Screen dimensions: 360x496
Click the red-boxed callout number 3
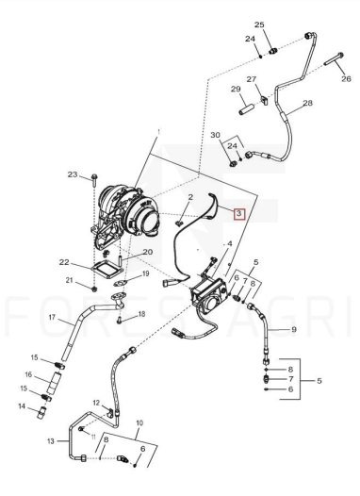238,213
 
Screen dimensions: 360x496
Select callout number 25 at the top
259,25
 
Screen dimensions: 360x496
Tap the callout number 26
346,78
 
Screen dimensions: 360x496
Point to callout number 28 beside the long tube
307,103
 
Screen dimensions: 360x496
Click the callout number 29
236,89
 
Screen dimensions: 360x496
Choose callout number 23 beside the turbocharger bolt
73,174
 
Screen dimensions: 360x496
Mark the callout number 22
64,262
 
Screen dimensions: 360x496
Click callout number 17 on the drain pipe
52,317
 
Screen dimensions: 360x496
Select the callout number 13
51,441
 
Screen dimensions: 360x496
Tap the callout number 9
294,329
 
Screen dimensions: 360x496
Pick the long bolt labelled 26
334,59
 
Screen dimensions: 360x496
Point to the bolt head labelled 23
94,177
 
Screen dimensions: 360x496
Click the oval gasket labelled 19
121,283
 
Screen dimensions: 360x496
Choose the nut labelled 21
94,289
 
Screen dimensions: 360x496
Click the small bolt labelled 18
119,320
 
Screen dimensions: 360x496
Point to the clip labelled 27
265,101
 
